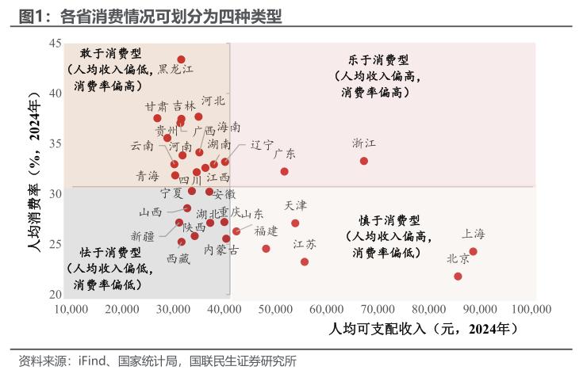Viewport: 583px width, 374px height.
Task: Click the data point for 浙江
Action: [364, 161]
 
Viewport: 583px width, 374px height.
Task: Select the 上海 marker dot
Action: [473, 251]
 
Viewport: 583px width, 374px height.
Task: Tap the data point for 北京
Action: [458, 277]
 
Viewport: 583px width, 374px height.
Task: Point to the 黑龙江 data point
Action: [181, 59]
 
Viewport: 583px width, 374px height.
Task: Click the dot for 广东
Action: [285, 171]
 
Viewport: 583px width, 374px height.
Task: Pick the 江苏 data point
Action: [305, 261]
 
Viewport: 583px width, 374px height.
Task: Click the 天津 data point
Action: [295, 223]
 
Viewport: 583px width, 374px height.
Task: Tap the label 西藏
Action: [178, 258]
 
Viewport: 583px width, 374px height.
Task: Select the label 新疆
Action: [143, 235]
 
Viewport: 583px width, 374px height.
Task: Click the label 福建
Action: [266, 231]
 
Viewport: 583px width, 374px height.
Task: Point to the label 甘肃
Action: [156, 106]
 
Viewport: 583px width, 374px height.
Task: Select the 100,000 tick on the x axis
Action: [531, 308]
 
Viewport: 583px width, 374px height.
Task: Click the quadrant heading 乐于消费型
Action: [378, 59]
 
